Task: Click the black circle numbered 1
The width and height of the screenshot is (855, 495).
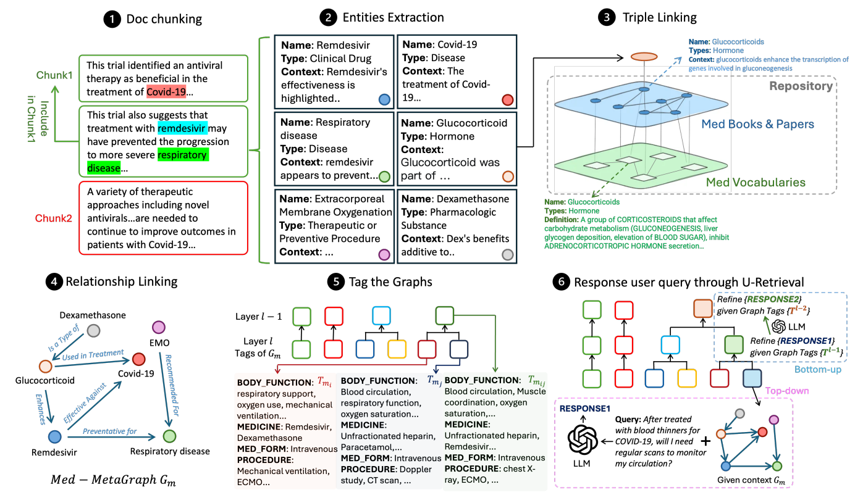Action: [112, 19]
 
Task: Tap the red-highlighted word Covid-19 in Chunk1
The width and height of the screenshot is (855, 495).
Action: [166, 92]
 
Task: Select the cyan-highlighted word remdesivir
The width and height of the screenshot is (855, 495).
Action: [182, 128]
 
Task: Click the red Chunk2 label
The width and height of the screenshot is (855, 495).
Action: [53, 218]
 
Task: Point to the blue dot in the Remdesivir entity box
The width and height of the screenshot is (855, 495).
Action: [384, 99]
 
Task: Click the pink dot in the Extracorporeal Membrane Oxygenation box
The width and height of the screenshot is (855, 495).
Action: [384, 254]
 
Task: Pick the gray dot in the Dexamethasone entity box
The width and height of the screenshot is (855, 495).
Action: [507, 254]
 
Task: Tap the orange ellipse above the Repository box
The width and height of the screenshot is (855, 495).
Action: [644, 57]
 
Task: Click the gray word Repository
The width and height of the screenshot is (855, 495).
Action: [801, 86]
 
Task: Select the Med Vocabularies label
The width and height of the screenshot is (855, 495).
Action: [756, 182]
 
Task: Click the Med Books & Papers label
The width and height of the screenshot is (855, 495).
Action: [757, 124]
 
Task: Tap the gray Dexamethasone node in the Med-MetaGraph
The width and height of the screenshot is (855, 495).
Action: [93, 330]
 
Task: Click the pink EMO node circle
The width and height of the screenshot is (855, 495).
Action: [159, 327]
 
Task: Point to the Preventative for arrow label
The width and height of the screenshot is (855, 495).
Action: [109, 431]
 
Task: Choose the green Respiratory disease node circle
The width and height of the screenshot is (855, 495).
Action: [169, 436]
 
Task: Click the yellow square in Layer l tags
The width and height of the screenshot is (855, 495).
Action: [397, 349]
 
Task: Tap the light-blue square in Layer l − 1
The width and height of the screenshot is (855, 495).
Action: [381, 316]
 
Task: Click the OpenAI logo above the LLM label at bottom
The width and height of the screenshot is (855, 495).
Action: [583, 440]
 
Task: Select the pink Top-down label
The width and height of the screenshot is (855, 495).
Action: [787, 391]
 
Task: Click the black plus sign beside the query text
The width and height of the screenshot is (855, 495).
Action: [705, 441]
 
